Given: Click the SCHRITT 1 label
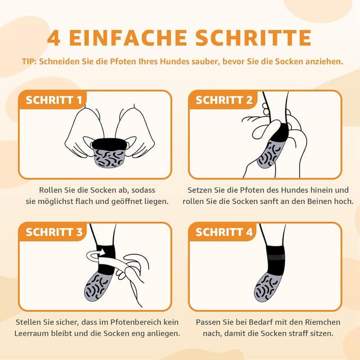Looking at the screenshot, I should tap(54, 100).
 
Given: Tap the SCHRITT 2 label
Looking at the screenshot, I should tap(224, 100).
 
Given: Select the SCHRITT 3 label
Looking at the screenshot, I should tap(54, 232).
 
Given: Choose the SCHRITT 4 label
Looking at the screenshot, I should tap(224, 232).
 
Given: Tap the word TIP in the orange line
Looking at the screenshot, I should tap(28, 61).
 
